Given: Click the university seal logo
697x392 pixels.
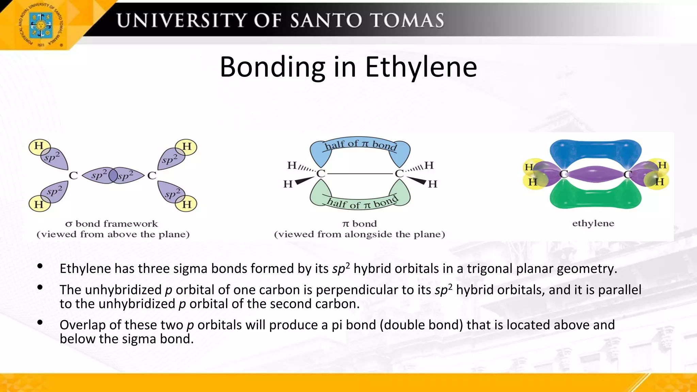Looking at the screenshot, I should click(40, 25).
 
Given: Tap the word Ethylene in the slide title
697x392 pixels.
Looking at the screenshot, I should click(421, 67).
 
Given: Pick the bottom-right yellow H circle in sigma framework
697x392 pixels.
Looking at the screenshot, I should click(187, 204).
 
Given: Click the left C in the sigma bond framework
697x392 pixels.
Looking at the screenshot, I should click(74, 176).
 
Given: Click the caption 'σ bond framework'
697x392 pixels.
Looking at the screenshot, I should click(112, 224).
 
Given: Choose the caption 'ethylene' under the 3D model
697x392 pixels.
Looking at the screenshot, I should click(593, 223).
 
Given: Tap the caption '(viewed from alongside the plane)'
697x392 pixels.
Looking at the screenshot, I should click(360, 234).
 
